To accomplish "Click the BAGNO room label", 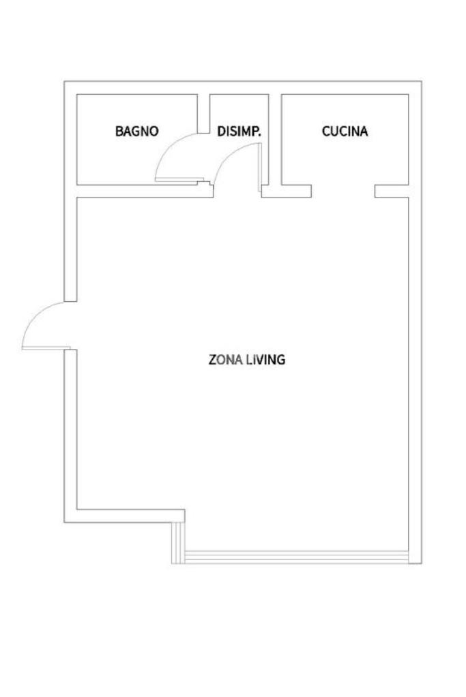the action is [136, 131].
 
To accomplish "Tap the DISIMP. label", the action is [239, 131].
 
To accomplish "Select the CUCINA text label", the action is [345, 131].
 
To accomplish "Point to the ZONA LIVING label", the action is [246, 359].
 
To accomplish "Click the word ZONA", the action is [225, 359].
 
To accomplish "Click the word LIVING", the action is [265, 359].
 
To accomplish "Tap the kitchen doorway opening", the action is [343, 191].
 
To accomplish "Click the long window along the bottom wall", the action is [296, 557].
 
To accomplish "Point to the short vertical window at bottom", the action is [178, 543].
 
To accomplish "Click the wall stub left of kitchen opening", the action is [296, 191].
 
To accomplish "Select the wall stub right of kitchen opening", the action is [392, 191].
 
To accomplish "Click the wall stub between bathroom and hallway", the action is [203, 113].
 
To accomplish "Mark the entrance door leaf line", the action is [46, 347].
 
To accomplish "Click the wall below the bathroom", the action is [145, 191].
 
